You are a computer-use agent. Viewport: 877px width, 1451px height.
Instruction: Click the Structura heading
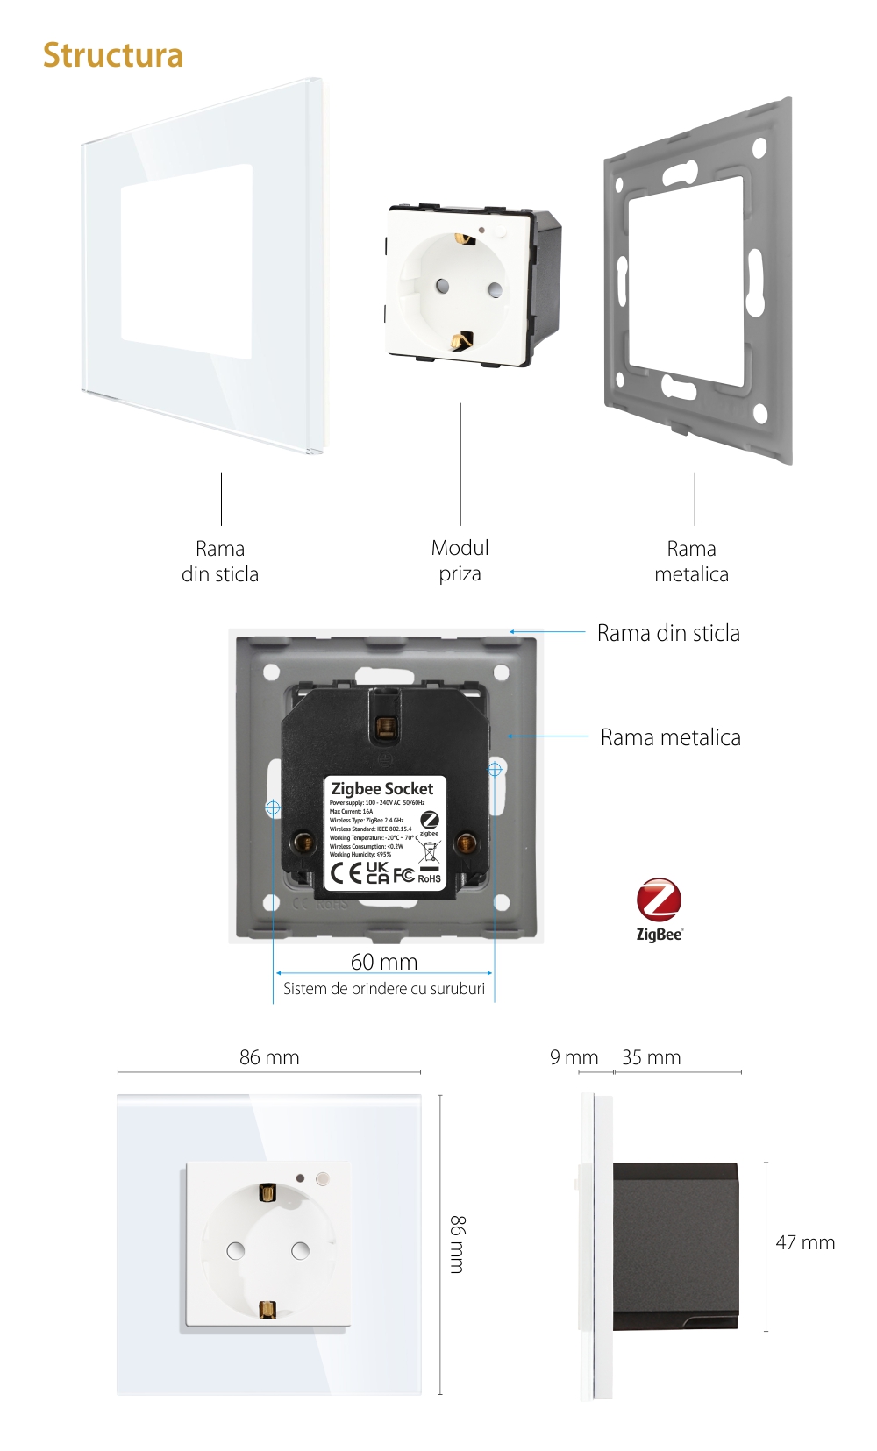[x=113, y=55]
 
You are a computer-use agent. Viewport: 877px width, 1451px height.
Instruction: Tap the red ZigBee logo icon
[x=659, y=900]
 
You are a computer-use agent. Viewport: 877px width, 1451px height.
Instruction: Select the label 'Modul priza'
[x=460, y=561]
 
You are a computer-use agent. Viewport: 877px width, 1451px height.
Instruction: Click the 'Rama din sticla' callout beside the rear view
[x=668, y=633]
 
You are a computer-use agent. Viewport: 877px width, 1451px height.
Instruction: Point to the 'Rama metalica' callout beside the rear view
[x=670, y=737]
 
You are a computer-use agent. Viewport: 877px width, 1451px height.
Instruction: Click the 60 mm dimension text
[x=384, y=962]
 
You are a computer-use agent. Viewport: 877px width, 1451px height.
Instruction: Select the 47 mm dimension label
[x=804, y=1242]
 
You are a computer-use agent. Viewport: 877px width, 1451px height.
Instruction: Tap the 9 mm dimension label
[x=574, y=1057]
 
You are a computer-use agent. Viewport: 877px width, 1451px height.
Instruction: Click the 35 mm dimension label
[x=651, y=1057]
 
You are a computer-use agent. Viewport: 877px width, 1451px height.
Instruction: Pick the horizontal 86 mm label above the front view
[x=269, y=1057]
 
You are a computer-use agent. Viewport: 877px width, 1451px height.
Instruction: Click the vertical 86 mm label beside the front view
[x=458, y=1244]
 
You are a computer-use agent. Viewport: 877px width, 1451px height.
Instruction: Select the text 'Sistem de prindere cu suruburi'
[x=384, y=989]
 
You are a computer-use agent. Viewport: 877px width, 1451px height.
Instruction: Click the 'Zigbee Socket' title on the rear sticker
[x=382, y=788]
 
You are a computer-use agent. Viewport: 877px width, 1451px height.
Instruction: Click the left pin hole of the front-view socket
[x=236, y=1250]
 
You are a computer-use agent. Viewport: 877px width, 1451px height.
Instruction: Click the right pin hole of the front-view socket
[x=300, y=1250]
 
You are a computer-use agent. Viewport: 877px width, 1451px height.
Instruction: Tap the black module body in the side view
[x=675, y=1245]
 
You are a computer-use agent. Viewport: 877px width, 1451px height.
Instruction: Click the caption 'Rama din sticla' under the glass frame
[x=220, y=561]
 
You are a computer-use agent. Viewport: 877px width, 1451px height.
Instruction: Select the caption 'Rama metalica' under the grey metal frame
[x=691, y=561]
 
